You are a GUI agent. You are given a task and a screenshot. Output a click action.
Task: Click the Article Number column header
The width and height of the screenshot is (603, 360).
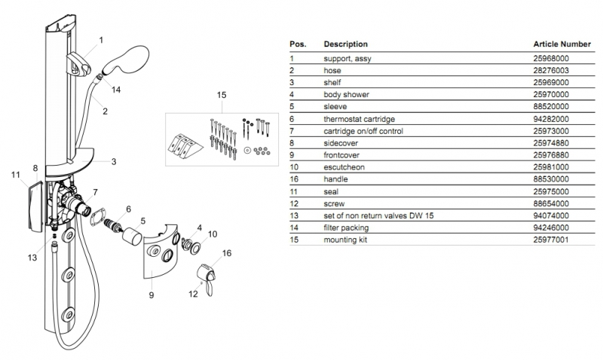562,44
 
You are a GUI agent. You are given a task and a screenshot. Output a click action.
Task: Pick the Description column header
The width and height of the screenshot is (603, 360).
345,44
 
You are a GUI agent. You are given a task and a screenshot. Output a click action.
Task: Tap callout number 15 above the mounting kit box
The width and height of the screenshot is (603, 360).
222,96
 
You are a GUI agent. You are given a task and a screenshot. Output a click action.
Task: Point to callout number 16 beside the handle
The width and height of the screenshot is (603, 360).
225,253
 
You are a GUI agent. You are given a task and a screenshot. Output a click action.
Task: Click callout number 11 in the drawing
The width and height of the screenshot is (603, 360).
14,175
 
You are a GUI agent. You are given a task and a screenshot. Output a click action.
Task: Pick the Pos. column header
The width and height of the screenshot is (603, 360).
298,44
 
